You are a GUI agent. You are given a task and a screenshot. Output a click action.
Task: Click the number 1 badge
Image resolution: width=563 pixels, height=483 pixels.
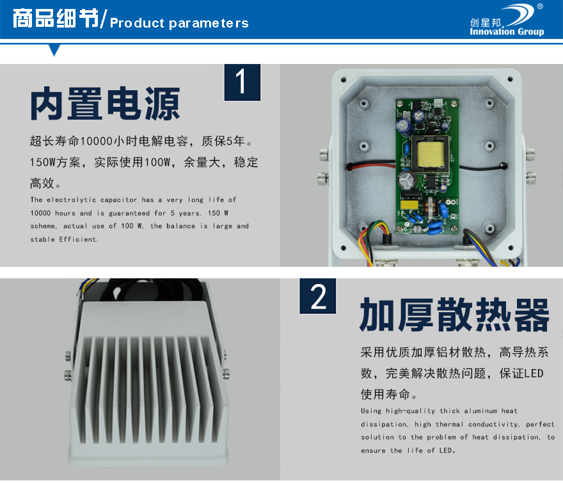coord(242,83)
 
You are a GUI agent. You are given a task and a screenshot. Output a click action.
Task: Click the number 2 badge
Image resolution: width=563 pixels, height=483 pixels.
coord(318,296)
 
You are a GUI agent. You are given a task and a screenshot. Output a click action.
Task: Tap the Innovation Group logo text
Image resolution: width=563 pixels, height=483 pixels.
coord(507,31)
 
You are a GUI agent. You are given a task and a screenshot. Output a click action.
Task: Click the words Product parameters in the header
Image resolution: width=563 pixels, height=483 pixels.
coord(179,23)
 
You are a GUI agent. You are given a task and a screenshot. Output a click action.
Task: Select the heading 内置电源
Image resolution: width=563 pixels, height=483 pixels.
coord(105,104)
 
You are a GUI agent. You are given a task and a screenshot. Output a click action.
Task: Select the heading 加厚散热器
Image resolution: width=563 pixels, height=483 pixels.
coord(454,315)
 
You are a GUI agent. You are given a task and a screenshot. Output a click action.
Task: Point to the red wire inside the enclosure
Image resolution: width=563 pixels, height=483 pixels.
coord(372,165)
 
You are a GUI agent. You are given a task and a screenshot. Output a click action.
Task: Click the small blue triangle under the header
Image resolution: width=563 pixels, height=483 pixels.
coord(54,49)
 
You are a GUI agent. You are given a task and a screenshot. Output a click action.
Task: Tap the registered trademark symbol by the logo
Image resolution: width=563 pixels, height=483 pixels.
coord(540,6)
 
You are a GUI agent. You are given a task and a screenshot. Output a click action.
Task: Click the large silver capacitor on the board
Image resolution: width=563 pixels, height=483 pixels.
coord(407,180)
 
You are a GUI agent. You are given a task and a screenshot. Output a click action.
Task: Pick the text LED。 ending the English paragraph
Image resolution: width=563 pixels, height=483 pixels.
coord(447,450)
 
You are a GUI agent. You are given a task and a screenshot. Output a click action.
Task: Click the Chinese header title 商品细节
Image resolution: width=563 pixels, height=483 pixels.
coord(56,19)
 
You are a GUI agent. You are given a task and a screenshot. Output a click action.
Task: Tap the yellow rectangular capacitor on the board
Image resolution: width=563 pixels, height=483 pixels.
coord(409,205)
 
